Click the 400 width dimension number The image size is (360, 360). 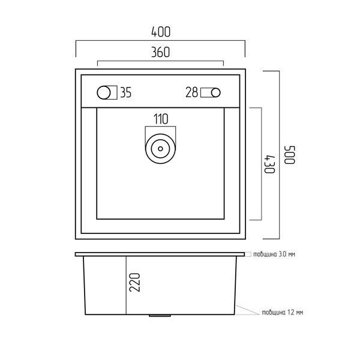[161, 32]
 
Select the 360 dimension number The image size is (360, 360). [160, 52]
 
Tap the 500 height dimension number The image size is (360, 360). [290, 155]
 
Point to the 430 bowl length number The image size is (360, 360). [269, 164]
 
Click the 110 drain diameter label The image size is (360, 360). [161, 119]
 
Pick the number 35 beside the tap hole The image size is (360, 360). [126, 92]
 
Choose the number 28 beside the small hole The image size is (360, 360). [191, 92]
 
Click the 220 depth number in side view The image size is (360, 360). [134, 283]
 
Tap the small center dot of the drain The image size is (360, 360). [160, 149]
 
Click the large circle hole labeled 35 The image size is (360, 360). [104, 92]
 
